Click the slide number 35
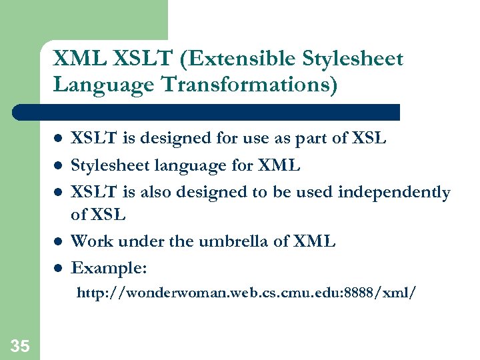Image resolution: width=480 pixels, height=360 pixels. (x=20, y=346)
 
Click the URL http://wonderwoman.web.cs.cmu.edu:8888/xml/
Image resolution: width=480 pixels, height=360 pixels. (x=246, y=293)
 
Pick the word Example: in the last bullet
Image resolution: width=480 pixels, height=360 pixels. (x=109, y=267)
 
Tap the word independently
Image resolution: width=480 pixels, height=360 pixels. (x=394, y=193)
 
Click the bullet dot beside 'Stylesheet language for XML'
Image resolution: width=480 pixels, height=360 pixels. (x=58, y=166)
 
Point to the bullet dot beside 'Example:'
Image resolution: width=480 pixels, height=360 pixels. (x=58, y=269)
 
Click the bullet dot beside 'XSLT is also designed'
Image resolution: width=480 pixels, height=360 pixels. (x=58, y=193)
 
